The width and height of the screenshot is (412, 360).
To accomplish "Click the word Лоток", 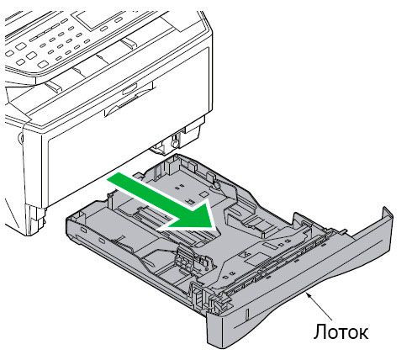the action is pos(341,332).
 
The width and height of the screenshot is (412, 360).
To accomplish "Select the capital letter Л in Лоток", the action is pos(319,332).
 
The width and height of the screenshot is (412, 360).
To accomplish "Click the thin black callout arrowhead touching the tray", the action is pos(309,294).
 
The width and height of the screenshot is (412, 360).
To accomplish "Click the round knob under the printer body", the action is pos(174,142).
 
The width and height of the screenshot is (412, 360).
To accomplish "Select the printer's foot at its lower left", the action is pos(35,220).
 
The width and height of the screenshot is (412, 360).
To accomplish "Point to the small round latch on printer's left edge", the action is pos(20,137).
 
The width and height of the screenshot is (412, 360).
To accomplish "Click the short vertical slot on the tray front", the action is pos(248,315).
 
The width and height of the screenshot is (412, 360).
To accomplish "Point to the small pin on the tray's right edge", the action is pos(344,231).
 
